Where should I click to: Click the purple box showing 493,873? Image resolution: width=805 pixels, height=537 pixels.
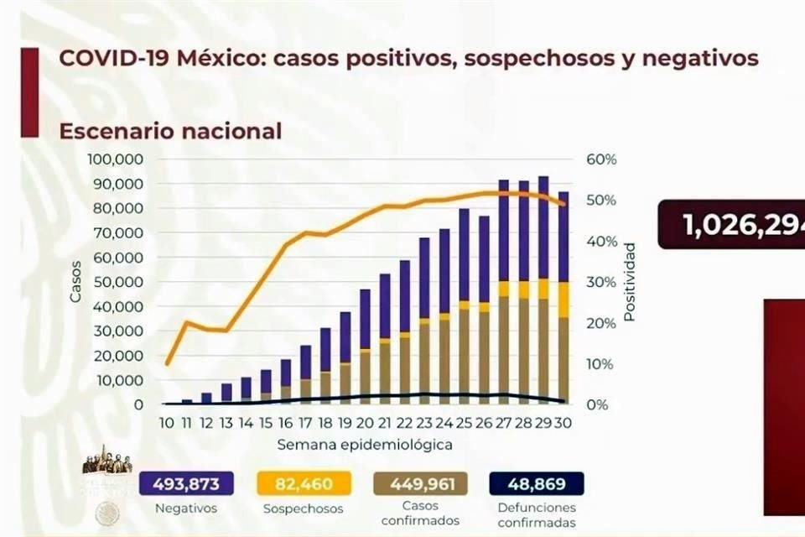point(185,484)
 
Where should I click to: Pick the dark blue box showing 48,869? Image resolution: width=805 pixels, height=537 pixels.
point(536,484)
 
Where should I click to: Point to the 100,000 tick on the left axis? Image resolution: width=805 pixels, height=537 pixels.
point(115,159)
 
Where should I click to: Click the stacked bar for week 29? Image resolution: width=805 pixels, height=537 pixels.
point(543,289)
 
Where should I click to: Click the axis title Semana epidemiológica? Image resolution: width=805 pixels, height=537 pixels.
point(365,444)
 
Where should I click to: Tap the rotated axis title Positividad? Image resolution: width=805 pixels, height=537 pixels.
point(629,282)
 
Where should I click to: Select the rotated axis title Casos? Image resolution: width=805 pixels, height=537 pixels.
point(76,282)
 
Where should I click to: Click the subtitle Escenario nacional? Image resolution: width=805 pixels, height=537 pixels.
point(170,131)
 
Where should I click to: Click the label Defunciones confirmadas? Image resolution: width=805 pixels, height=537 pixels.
point(536,515)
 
